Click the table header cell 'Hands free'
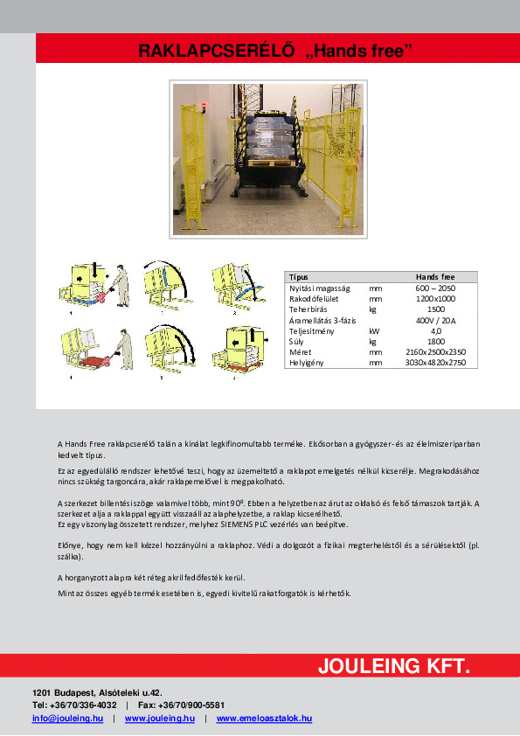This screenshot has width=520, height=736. [434, 276]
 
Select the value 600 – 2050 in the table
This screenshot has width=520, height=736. [434, 288]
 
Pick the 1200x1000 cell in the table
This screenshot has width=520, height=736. [434, 299]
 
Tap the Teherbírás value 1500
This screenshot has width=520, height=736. [434, 309]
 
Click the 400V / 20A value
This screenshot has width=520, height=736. [434, 321]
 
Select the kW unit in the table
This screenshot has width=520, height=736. [374, 331]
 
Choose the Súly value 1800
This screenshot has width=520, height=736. [434, 342]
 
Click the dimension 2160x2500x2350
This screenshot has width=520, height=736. [434, 352]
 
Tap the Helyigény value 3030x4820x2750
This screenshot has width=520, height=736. [434, 363]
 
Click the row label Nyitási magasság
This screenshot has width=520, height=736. [319, 288]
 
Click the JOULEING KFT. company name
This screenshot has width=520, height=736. [393, 667]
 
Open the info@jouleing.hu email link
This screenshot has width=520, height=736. [67, 719]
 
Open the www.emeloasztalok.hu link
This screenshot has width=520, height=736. [264, 719]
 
